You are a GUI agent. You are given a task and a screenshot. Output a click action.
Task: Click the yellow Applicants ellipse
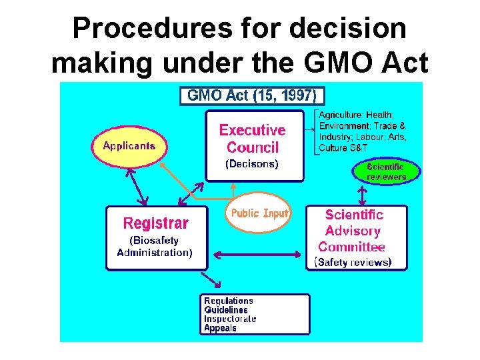pyautogui.click(x=129, y=145)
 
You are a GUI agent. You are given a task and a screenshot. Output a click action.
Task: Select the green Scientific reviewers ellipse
pyautogui.click(x=386, y=171)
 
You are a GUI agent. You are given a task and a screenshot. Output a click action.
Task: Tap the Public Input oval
pyautogui.click(x=259, y=213)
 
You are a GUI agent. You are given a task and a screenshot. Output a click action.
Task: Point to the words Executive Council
pyautogui.click(x=252, y=139)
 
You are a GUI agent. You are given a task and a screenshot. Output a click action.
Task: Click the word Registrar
pyautogui.click(x=156, y=223)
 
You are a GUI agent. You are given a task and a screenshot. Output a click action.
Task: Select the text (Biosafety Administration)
pyautogui.click(x=154, y=246)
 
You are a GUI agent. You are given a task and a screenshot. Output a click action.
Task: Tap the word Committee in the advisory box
pyautogui.click(x=352, y=247)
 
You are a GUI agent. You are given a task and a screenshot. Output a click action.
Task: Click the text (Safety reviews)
pyautogui.click(x=353, y=262)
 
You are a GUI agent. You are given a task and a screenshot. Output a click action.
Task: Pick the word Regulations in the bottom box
pyautogui.click(x=229, y=301)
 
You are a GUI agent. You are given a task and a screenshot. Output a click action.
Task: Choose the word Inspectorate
pyautogui.click(x=230, y=319)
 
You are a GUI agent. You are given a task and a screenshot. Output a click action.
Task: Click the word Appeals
pyautogui.click(x=220, y=328)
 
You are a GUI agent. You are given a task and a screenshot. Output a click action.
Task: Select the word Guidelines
pyautogui.click(x=226, y=310)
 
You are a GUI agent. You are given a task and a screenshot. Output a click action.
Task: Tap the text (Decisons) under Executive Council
pyautogui.click(x=252, y=163)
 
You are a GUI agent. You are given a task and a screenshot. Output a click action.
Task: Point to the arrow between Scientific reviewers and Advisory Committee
pyautogui.click(x=362, y=194)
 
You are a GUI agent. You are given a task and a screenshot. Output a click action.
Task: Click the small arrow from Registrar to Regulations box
pyautogui.click(x=212, y=279)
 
